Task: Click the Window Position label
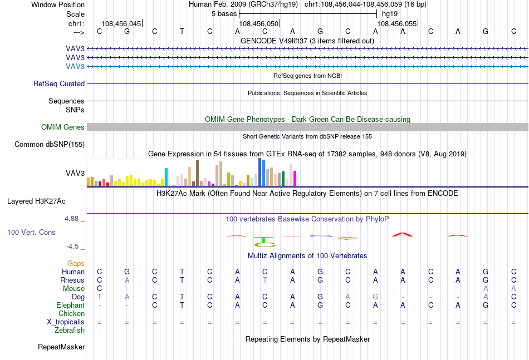coord(58,4)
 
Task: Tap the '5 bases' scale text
coord(224,14)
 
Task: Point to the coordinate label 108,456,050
coord(259,23)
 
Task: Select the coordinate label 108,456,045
coord(121,23)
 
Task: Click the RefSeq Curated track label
coord(59,83)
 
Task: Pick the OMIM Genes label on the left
coord(63,127)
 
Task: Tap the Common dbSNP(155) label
coord(50,144)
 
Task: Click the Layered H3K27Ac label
coord(36,201)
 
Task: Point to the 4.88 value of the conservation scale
coord(71,219)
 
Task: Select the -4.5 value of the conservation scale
coord(72,246)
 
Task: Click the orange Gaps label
coord(76,263)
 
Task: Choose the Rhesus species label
coord(72,280)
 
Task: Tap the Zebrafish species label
coord(70,330)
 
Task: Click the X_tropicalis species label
coord(66,322)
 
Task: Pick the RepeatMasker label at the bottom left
coord(61,347)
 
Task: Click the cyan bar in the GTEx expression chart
coord(166,177)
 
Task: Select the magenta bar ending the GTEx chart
coord(295,178)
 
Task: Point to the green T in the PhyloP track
coord(263,240)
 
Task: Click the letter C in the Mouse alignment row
coord(99,289)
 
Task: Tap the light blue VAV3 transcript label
coord(75,66)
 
